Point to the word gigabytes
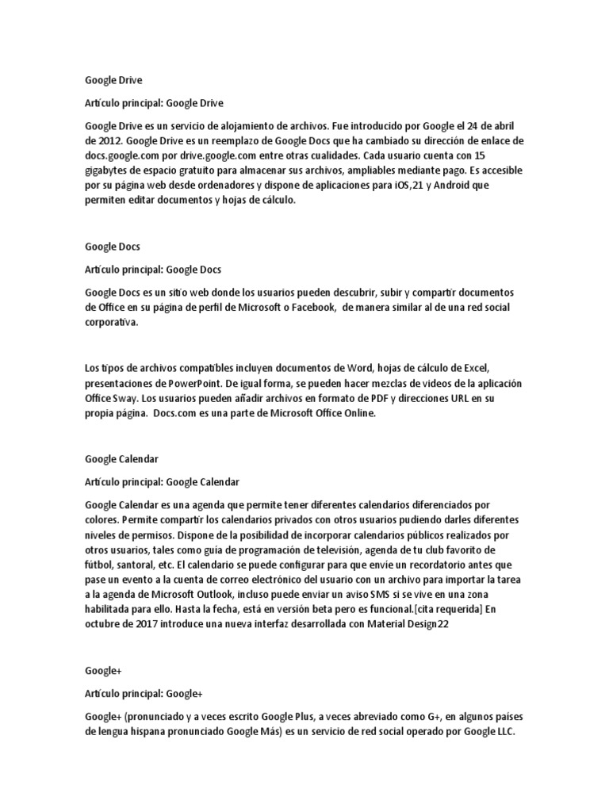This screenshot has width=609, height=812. (x=108, y=171)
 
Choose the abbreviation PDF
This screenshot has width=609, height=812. (x=391, y=399)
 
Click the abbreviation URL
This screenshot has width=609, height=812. (x=474, y=399)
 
